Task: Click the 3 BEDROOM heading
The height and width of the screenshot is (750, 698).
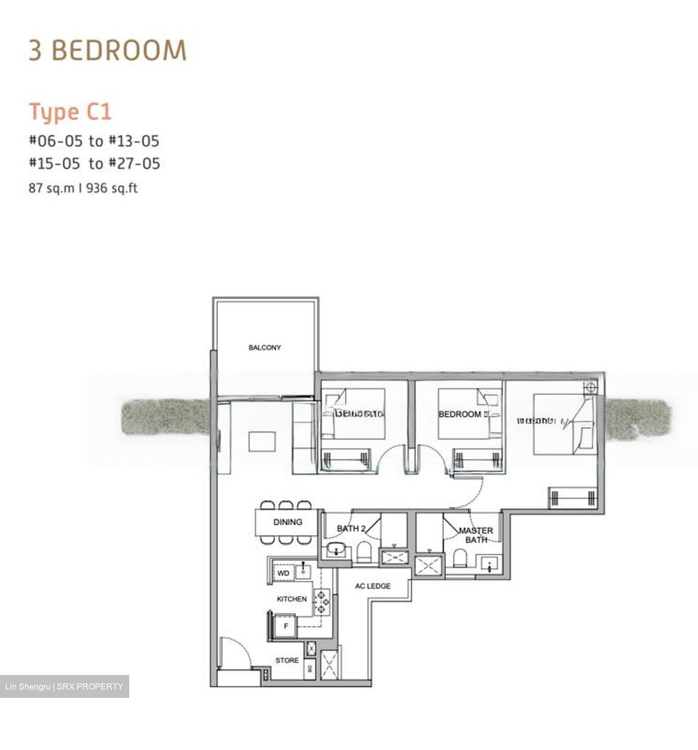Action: click(x=107, y=51)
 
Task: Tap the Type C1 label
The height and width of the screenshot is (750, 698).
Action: click(x=70, y=112)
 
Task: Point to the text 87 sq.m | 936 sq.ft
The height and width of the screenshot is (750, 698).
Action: click(x=83, y=188)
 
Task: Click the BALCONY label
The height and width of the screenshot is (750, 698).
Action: click(x=264, y=347)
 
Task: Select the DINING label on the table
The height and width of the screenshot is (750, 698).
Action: click(x=287, y=522)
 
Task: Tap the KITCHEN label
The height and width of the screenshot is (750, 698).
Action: click(x=291, y=599)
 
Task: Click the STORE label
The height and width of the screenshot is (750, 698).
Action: click(x=287, y=660)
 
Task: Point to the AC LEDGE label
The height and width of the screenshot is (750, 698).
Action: click(x=373, y=586)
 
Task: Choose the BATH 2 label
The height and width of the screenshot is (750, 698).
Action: click(x=350, y=529)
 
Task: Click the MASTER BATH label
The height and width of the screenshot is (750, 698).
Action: click(x=476, y=535)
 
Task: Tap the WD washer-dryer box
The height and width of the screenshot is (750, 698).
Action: click(x=283, y=573)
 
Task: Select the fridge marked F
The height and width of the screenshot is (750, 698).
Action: click(x=285, y=627)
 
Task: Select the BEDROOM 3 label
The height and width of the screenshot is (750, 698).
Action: click(x=462, y=415)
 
